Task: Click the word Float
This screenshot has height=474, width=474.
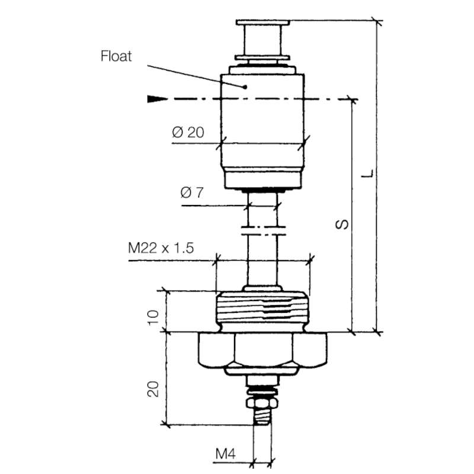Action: point(116,57)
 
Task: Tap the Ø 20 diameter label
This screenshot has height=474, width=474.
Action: point(188,132)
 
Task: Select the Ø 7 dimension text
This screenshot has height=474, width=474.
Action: point(192,193)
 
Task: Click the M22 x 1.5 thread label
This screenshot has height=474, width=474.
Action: point(161,248)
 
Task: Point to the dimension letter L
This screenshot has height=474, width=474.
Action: point(369,173)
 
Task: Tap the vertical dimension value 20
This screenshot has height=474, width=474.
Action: point(153,389)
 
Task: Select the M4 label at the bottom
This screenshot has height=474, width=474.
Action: point(225,454)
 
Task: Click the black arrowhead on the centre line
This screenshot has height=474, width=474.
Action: point(155,99)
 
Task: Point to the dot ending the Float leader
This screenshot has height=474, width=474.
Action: point(244,87)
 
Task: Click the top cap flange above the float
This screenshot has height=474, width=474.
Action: point(262,24)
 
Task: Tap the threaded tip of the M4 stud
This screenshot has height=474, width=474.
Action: point(261,418)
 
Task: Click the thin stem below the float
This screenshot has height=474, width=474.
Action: point(262,261)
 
